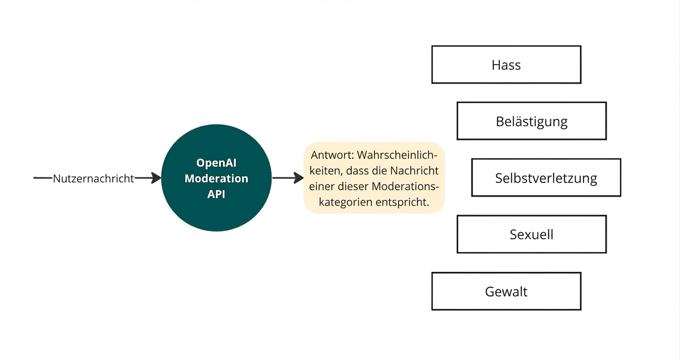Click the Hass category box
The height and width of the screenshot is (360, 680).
506,65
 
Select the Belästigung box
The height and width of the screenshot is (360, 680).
531,121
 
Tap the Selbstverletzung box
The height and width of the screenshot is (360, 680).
546,178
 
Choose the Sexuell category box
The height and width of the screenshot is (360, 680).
531,235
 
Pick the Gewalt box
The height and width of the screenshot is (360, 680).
506,291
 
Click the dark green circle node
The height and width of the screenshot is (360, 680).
216,211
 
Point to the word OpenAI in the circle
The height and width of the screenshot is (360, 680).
217,163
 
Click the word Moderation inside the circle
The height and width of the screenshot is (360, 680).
216,179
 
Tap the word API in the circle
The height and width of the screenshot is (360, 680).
216,194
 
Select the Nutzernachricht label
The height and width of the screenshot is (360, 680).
94,179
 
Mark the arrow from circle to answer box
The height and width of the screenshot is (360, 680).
287,178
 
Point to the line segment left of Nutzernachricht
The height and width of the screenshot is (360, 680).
43,178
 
